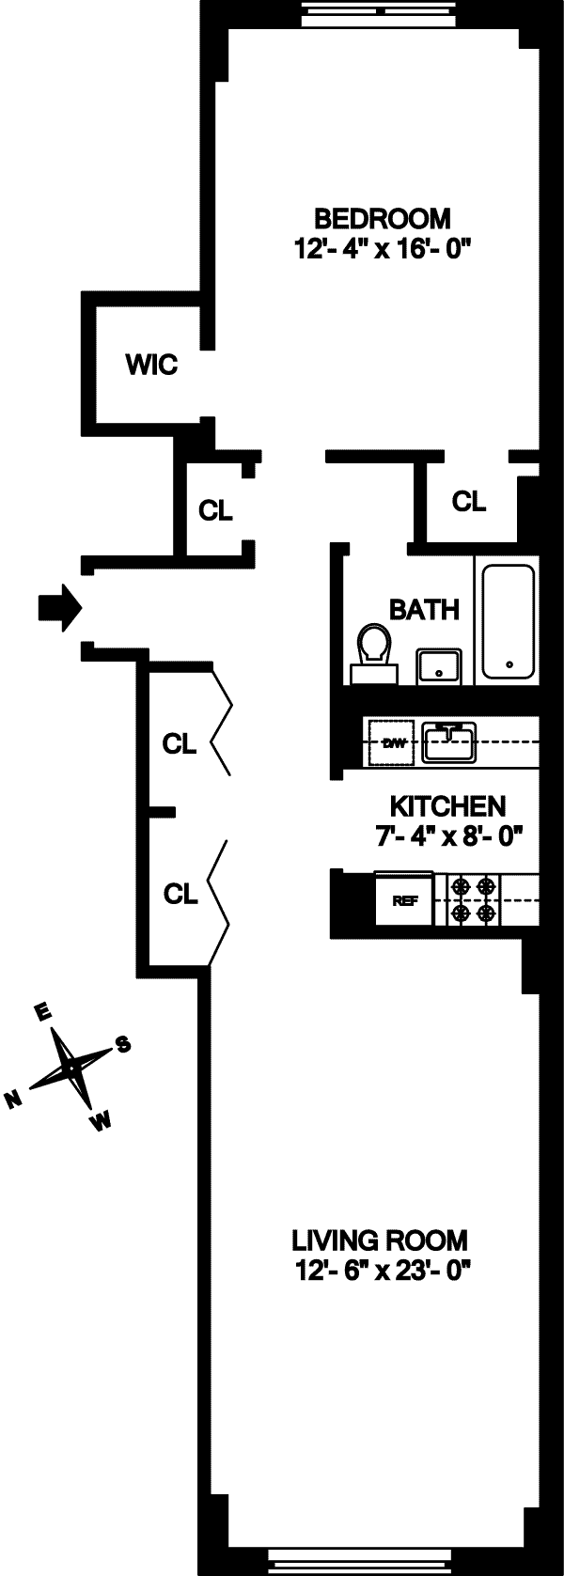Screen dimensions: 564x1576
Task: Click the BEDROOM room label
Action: (x=382, y=219)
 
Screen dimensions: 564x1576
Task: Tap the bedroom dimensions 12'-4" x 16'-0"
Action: (x=382, y=249)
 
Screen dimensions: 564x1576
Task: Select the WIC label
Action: (x=152, y=365)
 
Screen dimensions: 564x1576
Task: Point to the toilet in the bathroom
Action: (x=373, y=654)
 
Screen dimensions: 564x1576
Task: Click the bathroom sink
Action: (x=437, y=665)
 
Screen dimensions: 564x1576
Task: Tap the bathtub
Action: (x=509, y=622)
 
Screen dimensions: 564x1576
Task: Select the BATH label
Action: (x=424, y=610)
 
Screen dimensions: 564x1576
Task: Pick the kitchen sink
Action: (x=449, y=742)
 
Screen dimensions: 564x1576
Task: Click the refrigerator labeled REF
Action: (x=404, y=900)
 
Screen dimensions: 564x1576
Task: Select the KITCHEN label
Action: (x=447, y=806)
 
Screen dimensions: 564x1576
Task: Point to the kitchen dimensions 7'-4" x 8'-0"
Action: (x=448, y=835)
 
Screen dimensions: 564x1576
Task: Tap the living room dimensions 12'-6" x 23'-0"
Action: (x=379, y=1272)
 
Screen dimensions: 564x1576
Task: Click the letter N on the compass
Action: (x=14, y=1100)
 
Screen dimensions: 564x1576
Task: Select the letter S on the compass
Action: (x=122, y=1044)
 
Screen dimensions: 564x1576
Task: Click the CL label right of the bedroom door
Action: (x=469, y=502)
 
